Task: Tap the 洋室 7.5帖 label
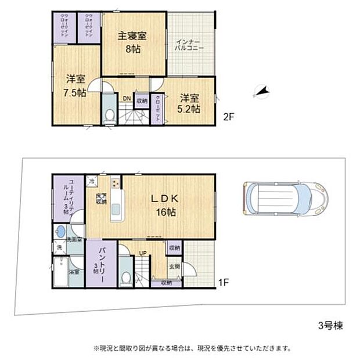75,85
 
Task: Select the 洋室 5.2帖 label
189,103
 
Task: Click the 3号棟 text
329,325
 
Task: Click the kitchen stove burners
115,183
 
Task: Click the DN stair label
126,98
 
